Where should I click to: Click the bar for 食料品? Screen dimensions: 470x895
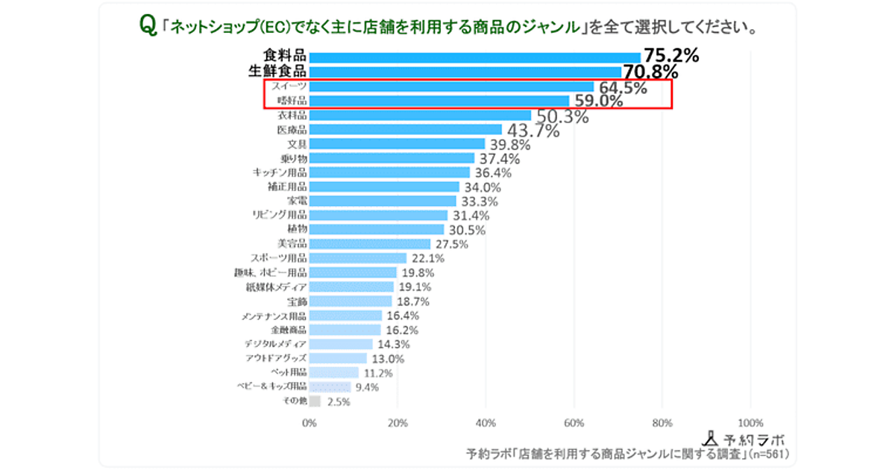pos(474,57)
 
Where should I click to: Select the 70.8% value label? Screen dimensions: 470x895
pos(650,72)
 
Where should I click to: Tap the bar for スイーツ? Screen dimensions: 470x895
pos(451,87)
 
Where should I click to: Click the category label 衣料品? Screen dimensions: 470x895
pos(292,116)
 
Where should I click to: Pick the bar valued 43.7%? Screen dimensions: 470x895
pos(406,130)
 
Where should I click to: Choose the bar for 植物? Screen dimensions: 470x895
pos(377,229)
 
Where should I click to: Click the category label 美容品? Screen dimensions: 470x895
pos(292,244)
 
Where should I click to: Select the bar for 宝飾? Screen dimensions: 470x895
pos(351,301)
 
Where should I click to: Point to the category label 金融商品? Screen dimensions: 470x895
pos(287,329)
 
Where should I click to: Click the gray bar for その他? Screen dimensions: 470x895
pos(315,401)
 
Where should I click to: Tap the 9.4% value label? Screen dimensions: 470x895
pos(367,386)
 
